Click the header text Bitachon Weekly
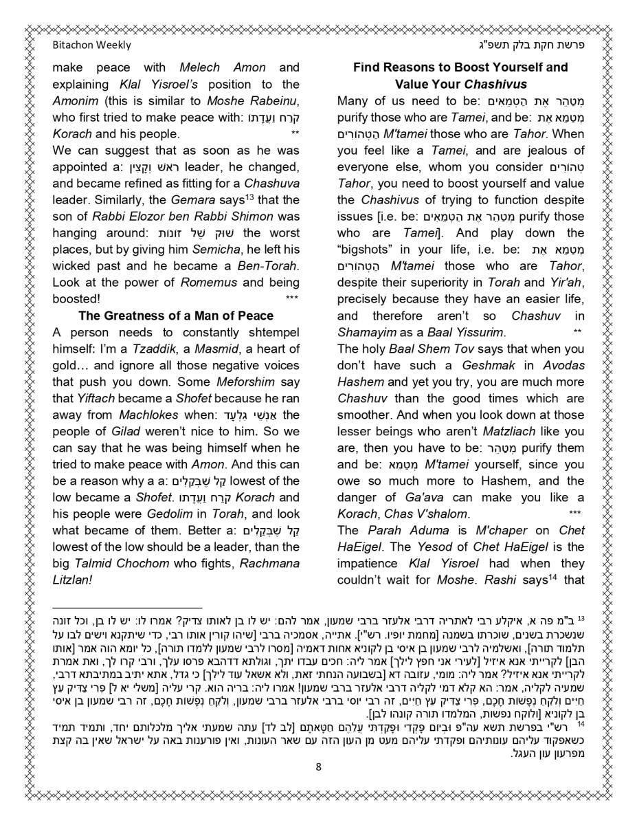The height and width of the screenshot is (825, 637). [x=91, y=45]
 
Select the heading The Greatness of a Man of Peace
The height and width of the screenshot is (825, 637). [x=176, y=316]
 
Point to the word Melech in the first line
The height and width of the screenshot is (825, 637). [x=201, y=67]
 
